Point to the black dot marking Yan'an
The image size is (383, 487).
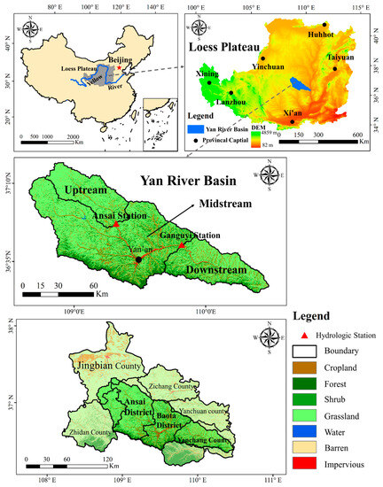[x=139, y=259]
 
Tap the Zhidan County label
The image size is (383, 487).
[x=72, y=433]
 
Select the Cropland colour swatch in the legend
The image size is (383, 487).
[x=304, y=367]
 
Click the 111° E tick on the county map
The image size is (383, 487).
[x=272, y=481]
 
